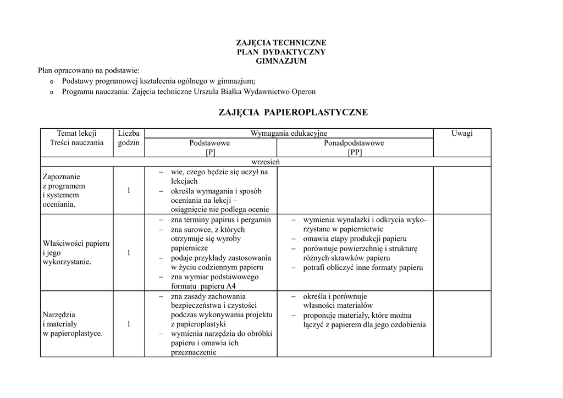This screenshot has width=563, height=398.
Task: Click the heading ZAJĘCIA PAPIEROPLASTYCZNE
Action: tap(293, 113)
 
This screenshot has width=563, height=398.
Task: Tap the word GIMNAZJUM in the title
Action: tap(281, 61)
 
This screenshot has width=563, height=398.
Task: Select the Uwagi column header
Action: tap(462, 134)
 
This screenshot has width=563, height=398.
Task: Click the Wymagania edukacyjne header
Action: tap(289, 134)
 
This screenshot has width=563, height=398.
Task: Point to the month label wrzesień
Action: tap(266, 162)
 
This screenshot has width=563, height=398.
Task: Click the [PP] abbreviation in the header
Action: tap(355, 152)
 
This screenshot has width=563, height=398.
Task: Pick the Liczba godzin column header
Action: tap(129, 138)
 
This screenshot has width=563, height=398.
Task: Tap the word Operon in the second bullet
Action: tap(300, 91)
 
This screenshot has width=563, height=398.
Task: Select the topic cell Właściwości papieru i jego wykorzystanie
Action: tap(76, 252)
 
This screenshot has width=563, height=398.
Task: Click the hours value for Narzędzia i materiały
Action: tap(129, 324)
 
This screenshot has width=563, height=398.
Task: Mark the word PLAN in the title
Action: tap(247, 52)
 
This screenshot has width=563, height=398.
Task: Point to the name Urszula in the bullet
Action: tap(207, 91)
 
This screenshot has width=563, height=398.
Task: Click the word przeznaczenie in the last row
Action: tap(194, 353)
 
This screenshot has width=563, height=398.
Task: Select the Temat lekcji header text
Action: tap(76, 134)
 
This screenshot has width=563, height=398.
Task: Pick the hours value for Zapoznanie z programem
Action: tap(129, 190)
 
